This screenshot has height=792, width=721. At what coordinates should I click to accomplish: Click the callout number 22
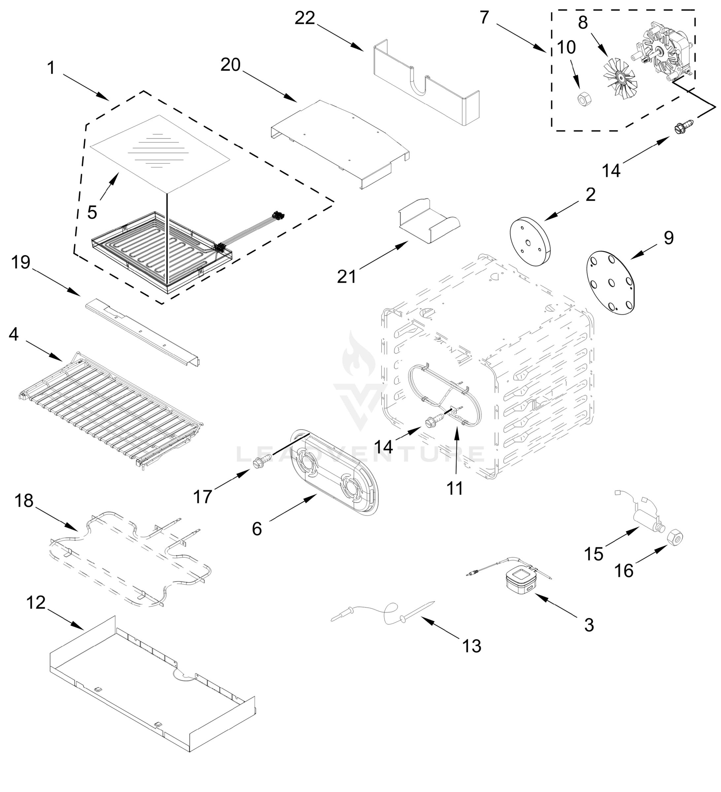pyautogui.click(x=305, y=18)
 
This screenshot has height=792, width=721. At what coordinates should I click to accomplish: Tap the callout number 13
pyautogui.click(x=472, y=646)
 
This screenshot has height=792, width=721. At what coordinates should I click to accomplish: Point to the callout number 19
pyautogui.click(x=20, y=262)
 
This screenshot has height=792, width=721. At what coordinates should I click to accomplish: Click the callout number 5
pyautogui.click(x=92, y=213)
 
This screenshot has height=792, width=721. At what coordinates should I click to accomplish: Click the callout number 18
pyautogui.click(x=24, y=501)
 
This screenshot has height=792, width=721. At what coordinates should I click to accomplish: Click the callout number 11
pyautogui.click(x=455, y=488)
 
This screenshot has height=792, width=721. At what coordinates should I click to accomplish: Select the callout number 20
pyautogui.click(x=230, y=65)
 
